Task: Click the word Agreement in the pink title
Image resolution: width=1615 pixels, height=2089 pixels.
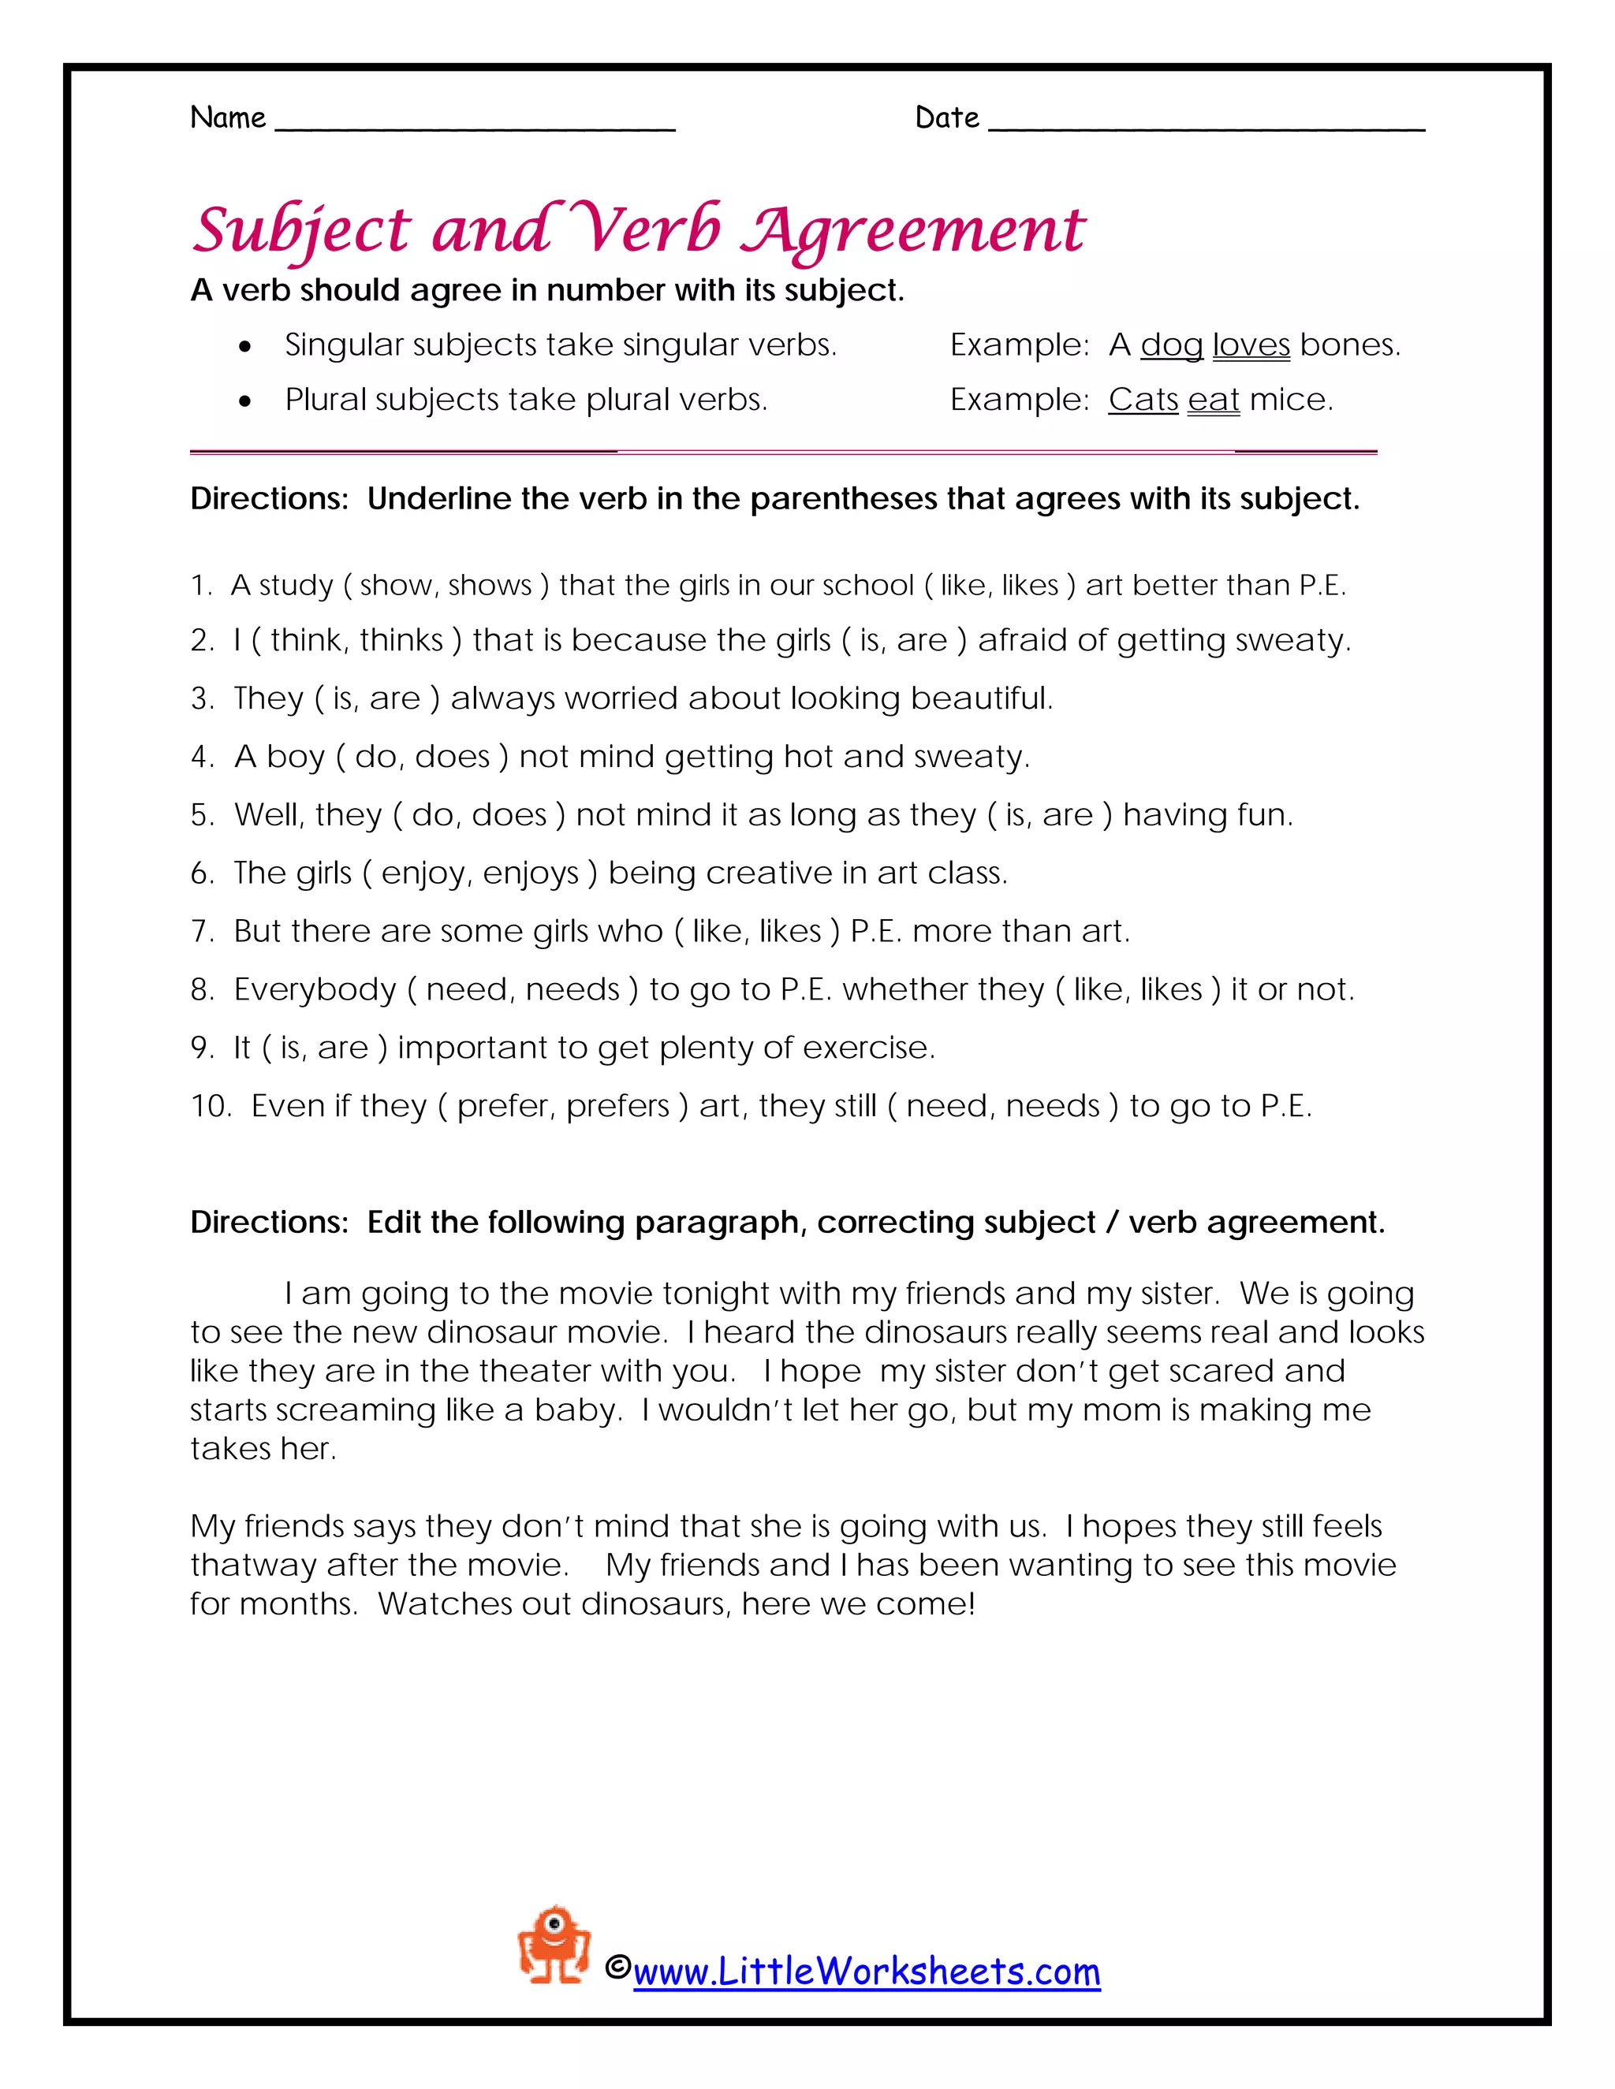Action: (914, 233)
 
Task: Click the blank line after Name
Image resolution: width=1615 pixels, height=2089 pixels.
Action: (475, 125)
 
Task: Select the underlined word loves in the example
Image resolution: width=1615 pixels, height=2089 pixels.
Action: (1251, 345)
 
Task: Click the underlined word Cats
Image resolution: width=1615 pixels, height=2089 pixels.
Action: (1143, 400)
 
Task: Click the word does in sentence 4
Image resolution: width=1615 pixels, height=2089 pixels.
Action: (453, 757)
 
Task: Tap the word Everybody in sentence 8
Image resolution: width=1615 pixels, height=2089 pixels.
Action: (315, 989)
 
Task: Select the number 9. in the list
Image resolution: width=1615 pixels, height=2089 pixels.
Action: (202, 1048)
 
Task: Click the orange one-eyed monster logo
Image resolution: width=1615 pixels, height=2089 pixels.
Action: (553, 1945)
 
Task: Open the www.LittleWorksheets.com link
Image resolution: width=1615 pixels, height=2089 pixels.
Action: (866, 1972)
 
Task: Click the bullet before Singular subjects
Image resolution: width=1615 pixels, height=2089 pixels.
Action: (246, 346)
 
